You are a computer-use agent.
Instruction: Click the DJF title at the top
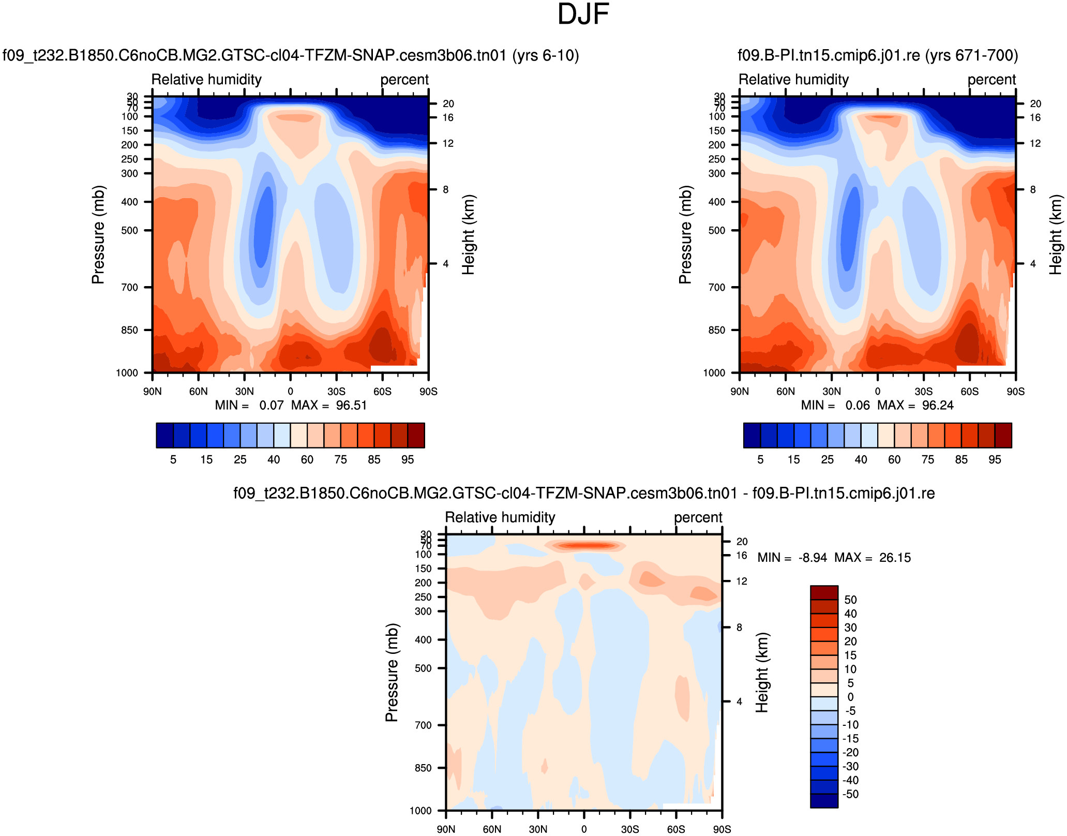583,14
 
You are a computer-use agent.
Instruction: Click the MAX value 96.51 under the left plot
351,405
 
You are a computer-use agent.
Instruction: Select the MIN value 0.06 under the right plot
858,405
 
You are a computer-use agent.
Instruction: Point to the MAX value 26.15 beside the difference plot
895,558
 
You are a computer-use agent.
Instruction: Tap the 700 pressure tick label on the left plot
130,287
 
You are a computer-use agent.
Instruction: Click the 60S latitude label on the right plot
970,392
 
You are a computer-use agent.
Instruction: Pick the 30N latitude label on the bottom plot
538,829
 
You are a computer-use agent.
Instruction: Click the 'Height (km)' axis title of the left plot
468,234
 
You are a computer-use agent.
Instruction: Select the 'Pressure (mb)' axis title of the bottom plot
392,673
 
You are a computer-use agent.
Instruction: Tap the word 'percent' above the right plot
991,80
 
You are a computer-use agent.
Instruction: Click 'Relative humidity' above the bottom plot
500,517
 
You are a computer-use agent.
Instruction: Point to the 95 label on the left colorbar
408,459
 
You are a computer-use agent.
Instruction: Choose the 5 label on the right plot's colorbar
760,459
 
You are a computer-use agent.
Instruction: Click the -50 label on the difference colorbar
851,794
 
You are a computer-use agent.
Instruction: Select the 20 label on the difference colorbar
850,641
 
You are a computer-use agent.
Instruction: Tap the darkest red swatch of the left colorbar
416,435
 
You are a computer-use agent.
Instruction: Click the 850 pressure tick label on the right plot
717,330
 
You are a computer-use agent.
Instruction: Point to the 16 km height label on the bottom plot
742,556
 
